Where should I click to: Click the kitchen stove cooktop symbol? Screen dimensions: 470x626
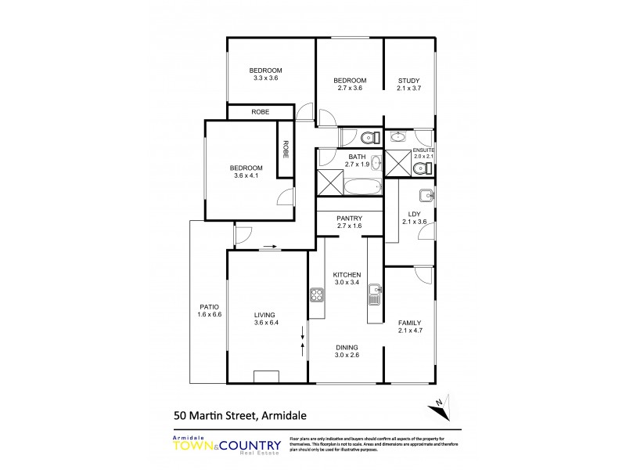click(x=317, y=295)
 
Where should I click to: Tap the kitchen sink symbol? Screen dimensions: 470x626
click(x=374, y=295)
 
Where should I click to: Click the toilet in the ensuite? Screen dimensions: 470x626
click(x=428, y=167)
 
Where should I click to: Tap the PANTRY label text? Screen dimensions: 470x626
click(x=349, y=219)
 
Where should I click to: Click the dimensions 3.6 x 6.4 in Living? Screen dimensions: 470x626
click(x=266, y=323)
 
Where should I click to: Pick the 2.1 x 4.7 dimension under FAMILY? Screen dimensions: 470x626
click(x=409, y=331)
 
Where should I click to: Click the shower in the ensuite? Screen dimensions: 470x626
click(x=400, y=165)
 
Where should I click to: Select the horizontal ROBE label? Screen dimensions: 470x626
click(x=261, y=113)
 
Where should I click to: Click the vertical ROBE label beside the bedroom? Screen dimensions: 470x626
click(x=286, y=149)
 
